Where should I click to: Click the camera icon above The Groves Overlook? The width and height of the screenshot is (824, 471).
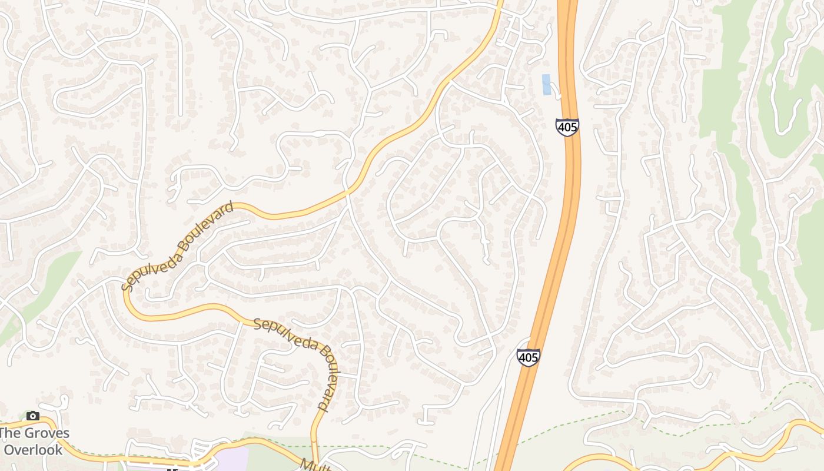point(33,416)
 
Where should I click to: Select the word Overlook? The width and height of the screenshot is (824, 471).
point(33,450)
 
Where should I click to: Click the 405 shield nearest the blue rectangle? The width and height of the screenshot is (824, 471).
point(567,127)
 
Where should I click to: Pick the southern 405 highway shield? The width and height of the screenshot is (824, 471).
point(529,357)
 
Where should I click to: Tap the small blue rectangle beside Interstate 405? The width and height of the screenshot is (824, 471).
point(546,84)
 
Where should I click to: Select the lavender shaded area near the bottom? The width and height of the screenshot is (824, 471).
point(230,459)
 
